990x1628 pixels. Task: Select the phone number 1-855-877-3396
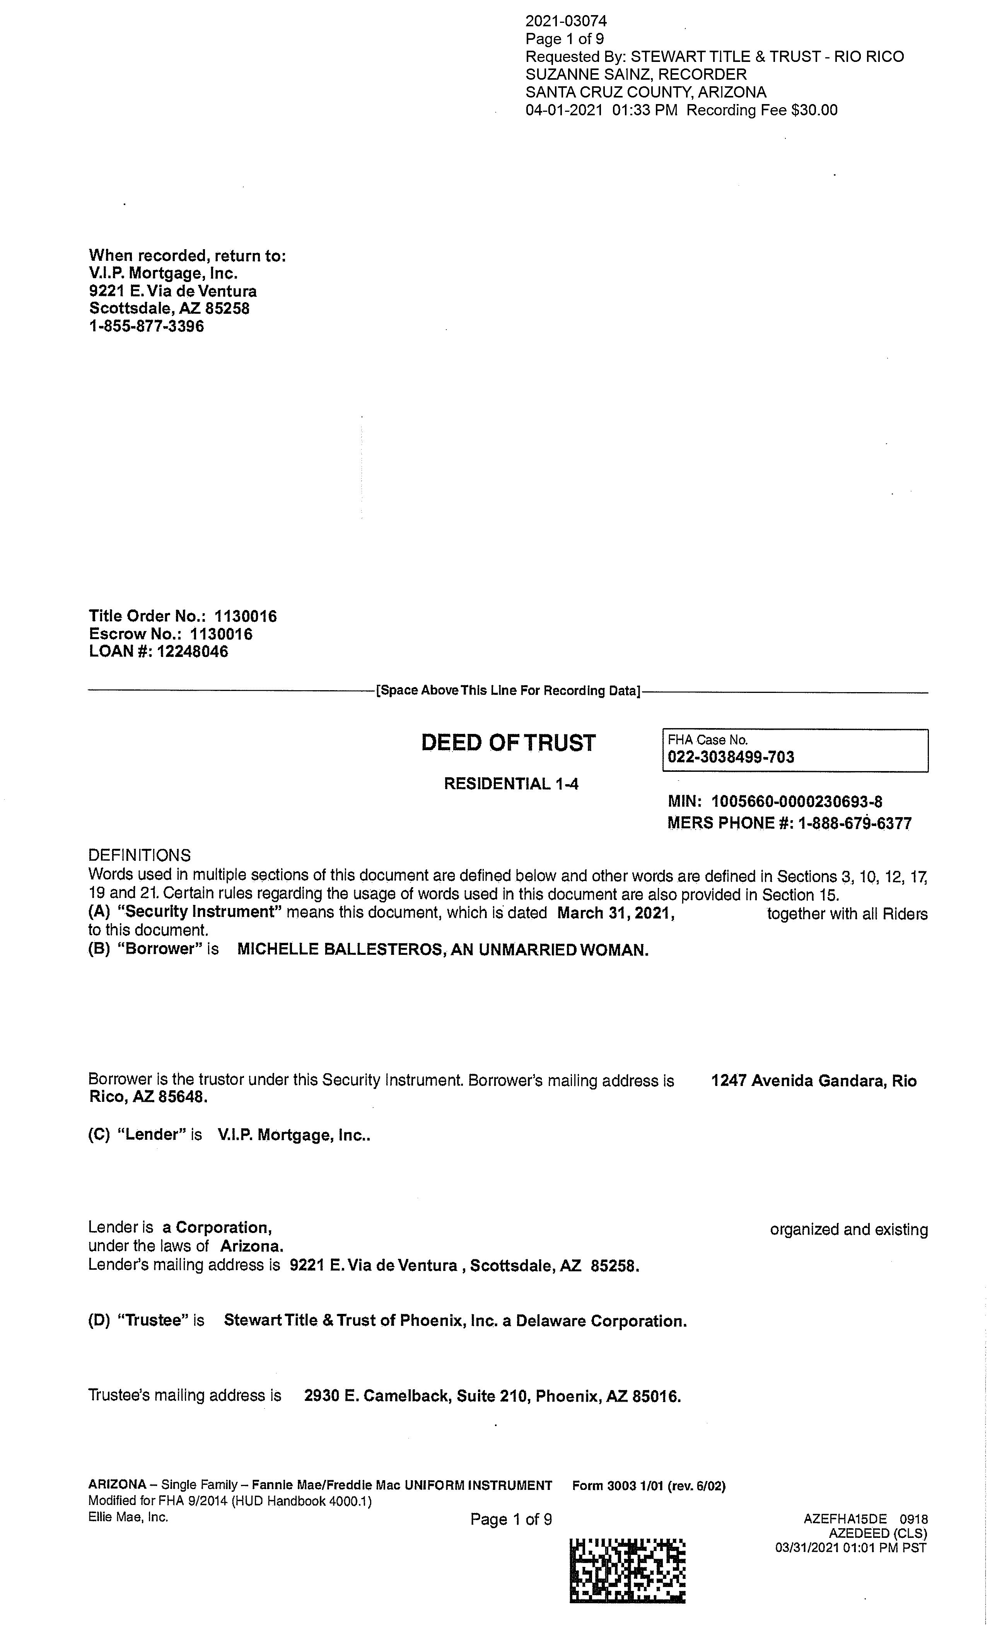coord(147,327)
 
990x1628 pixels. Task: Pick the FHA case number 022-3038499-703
coord(731,757)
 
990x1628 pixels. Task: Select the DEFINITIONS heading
coord(139,856)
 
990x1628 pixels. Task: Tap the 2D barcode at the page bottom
coord(627,1571)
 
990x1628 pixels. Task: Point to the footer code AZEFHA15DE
coord(845,1519)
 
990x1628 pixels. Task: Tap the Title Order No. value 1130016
coord(246,616)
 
